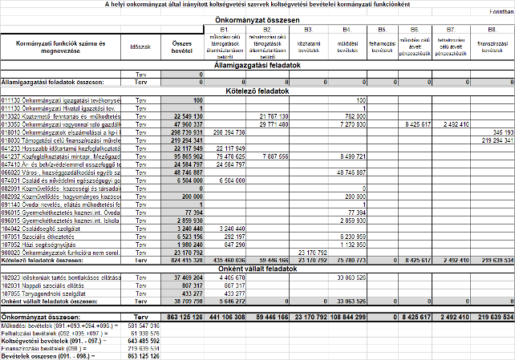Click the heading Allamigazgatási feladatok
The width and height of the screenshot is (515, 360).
point(257,66)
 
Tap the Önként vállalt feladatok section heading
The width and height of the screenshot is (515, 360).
point(257,268)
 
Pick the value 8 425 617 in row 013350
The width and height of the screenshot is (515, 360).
point(416,124)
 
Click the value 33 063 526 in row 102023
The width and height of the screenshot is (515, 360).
point(351,277)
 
